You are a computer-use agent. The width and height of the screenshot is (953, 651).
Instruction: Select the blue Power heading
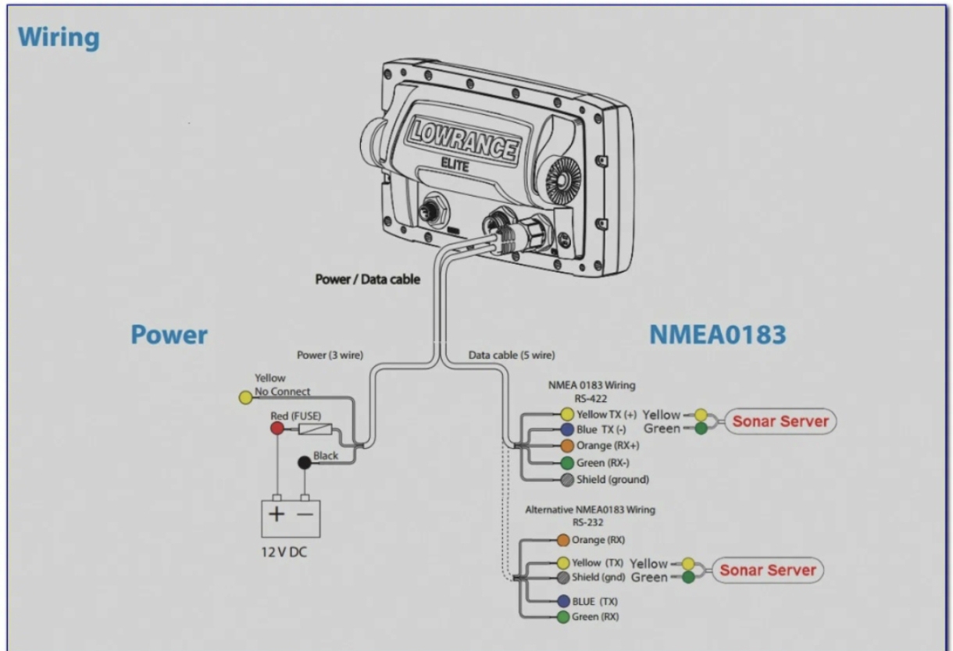(169, 335)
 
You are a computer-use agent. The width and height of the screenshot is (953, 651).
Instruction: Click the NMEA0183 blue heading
(718, 335)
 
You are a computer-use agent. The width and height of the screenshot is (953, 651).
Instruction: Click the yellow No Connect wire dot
(244, 398)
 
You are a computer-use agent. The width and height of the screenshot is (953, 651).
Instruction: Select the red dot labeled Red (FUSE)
(277, 429)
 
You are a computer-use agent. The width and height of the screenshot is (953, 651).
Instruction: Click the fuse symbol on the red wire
(321, 429)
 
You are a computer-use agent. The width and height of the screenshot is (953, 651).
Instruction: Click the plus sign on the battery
(277, 515)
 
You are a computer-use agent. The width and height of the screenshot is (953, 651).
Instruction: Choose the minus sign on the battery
(306, 515)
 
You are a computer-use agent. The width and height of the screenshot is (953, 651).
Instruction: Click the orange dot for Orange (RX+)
(568, 446)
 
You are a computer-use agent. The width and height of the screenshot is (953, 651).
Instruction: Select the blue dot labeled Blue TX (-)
(568, 429)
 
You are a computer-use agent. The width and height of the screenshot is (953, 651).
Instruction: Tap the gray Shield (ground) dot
(568, 479)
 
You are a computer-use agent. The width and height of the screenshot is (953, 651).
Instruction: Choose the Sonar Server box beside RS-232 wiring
(766, 570)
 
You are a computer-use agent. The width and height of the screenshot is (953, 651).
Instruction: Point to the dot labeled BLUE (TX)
(563, 601)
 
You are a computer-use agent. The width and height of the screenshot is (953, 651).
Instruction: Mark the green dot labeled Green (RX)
(563, 617)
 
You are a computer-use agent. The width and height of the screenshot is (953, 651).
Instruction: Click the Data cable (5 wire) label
(512, 355)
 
